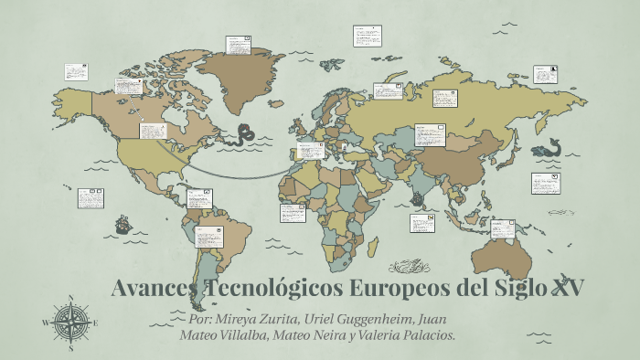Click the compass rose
pos(70,323)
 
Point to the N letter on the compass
pos(70,298)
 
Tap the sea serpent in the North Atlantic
pos(244,134)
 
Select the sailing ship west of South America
pos(123,224)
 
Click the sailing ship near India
pos(417,198)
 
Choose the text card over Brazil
pos(208,237)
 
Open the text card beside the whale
pos(545,183)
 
